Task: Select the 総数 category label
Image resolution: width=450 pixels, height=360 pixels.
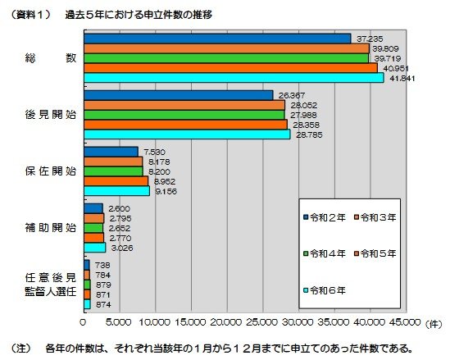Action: [x=51, y=58]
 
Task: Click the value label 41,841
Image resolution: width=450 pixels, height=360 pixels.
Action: [x=399, y=78]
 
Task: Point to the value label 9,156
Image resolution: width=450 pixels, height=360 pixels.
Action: [x=165, y=191]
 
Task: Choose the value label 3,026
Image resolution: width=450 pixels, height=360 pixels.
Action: [x=120, y=247]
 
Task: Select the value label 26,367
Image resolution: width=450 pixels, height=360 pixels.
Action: [x=293, y=95]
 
